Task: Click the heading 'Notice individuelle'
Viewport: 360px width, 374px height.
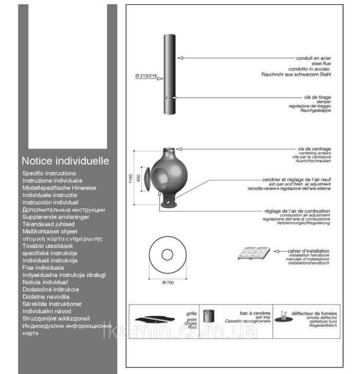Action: [x=65, y=161]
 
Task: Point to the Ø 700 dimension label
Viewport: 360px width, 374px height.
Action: [x=167, y=283]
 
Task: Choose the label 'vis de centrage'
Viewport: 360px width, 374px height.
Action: [x=314, y=149]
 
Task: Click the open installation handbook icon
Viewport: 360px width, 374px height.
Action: [x=254, y=253]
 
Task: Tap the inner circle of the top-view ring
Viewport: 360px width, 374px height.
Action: [x=167, y=255]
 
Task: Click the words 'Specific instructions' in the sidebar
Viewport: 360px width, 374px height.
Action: [x=49, y=173]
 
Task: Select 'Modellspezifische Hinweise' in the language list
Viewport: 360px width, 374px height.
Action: [x=59, y=188]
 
